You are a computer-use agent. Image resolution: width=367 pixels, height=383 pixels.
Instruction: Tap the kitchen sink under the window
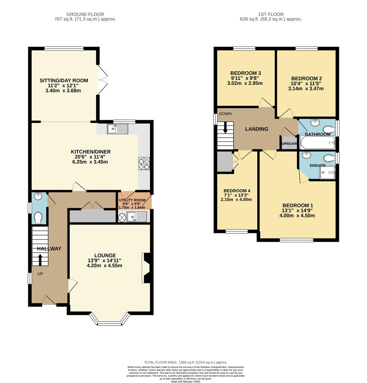(x=117, y=129)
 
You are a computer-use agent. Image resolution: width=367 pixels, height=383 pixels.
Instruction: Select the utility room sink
(x=137, y=216)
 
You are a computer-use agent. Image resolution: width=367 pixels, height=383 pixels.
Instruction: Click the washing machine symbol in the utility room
(x=122, y=217)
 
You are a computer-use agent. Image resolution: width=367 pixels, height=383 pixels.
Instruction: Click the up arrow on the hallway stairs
(x=39, y=260)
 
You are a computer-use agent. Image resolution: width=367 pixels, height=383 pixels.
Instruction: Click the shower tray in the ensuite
(x=327, y=173)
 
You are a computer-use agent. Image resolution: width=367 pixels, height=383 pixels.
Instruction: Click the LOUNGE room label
(x=105, y=255)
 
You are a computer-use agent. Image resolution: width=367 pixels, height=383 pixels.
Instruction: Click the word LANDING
(x=257, y=129)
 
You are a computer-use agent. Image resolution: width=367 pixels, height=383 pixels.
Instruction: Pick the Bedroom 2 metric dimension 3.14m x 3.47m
(x=306, y=89)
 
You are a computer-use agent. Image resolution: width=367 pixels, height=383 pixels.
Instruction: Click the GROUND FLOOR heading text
(x=83, y=14)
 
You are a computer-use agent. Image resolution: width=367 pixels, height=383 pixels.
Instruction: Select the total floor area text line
(x=183, y=362)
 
